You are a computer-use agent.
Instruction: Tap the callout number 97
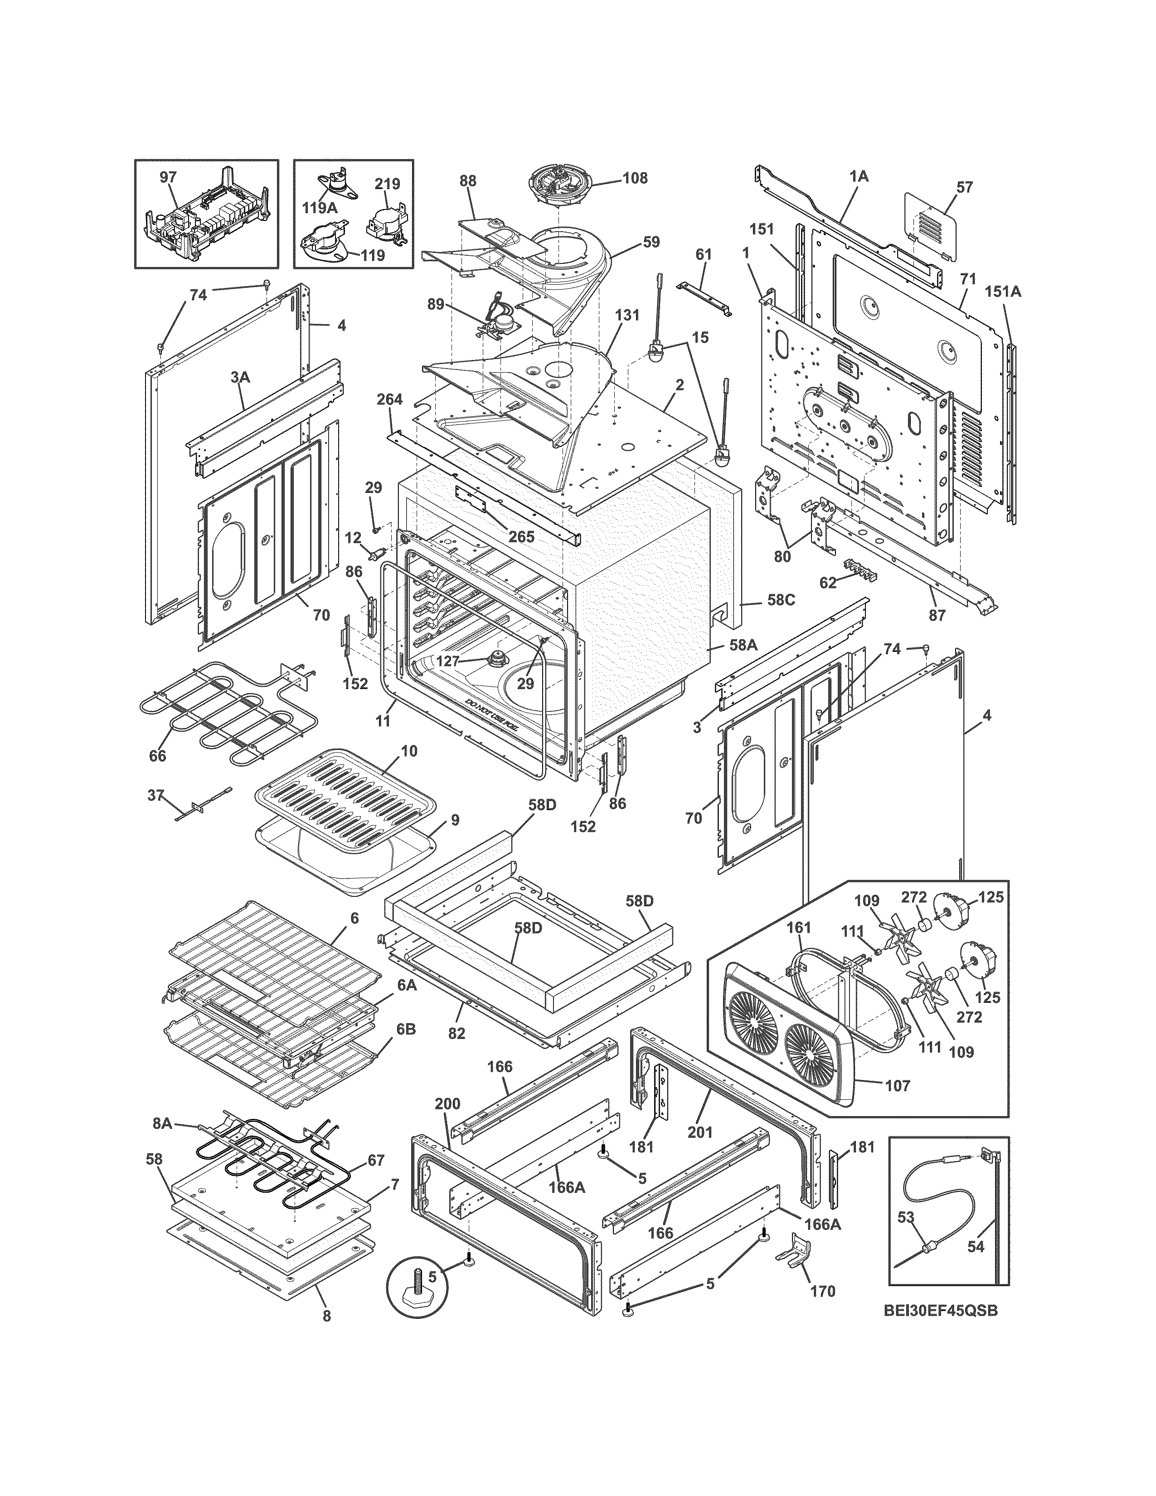[169, 177]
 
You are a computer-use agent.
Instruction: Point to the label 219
[387, 184]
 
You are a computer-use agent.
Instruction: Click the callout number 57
[964, 187]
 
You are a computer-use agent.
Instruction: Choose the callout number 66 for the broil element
[157, 756]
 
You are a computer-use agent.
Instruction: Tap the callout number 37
[156, 795]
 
